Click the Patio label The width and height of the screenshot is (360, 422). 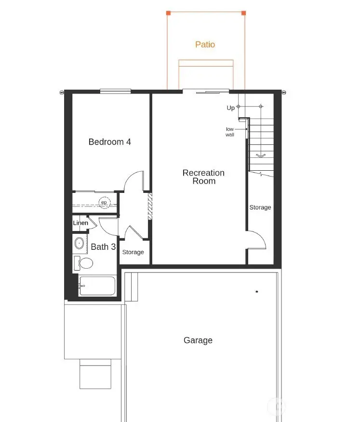[205, 44]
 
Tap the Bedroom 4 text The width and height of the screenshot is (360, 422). [109, 142]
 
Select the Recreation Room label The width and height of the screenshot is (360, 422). [203, 177]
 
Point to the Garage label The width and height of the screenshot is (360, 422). [198, 340]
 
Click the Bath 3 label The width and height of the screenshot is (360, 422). [103, 246]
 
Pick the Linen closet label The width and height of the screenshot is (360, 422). [80, 223]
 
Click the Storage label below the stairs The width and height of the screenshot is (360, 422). [260, 207]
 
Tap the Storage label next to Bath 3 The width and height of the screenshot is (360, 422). [133, 252]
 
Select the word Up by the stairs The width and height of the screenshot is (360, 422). [231, 108]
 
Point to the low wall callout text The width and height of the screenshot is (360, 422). [230, 132]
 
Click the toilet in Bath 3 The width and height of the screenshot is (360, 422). [85, 263]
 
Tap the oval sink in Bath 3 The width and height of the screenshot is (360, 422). [80, 243]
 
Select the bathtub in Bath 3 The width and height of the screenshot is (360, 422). [97, 286]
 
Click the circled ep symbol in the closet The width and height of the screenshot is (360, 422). [104, 203]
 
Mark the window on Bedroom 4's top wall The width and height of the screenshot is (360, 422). [115, 90]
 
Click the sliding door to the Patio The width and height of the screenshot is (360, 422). [205, 90]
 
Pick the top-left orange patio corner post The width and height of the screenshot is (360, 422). [168, 13]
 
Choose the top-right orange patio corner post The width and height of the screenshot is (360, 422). [243, 13]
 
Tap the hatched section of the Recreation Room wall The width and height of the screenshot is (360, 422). [150, 207]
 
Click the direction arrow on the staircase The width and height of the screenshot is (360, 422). [261, 155]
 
